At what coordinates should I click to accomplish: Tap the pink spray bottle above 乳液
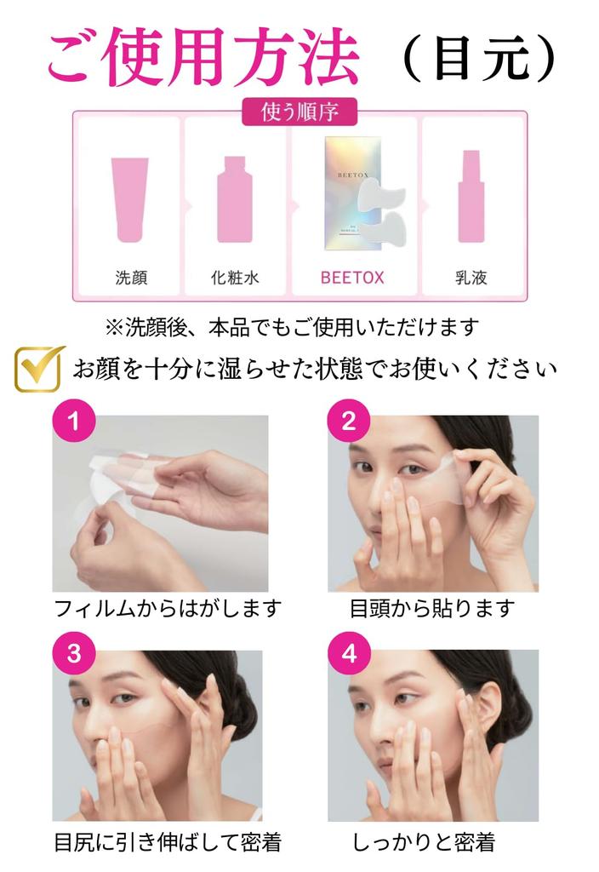471,197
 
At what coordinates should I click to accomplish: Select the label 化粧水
236,278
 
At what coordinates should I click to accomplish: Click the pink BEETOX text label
351,278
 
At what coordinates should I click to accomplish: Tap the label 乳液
471,278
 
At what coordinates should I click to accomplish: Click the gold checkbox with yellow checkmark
38,368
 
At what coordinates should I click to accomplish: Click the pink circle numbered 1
74,422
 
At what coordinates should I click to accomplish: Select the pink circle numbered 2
348,422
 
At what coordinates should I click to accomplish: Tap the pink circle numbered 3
74,653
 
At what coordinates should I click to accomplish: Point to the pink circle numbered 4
348,653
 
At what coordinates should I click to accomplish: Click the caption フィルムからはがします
167,609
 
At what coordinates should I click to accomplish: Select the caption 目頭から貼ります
432,609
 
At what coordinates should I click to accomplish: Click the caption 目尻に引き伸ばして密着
167,842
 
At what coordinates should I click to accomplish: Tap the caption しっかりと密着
423,842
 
